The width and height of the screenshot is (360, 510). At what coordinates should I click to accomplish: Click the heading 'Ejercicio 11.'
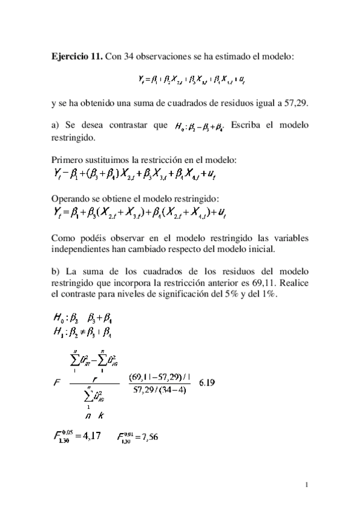[77, 57]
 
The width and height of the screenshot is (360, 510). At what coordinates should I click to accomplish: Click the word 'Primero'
[67, 160]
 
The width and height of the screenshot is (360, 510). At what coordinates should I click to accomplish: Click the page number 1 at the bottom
[307, 485]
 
